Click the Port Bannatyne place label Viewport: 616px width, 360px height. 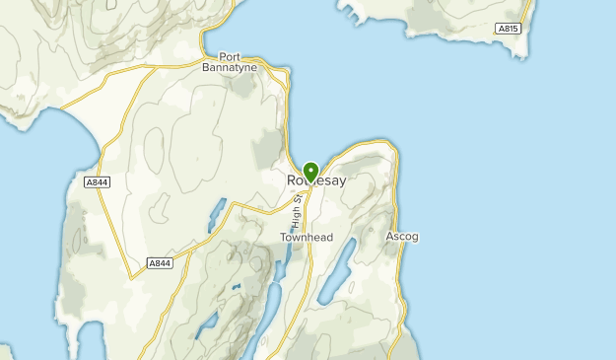230,61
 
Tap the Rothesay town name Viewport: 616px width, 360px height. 317,181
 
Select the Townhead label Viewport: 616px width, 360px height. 307,238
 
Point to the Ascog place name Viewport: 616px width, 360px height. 402,237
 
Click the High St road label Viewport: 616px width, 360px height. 295,213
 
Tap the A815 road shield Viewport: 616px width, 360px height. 508,29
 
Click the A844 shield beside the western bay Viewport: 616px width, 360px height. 97,182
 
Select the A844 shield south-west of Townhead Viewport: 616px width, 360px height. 159,263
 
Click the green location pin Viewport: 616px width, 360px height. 310,173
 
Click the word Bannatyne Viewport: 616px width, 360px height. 230,67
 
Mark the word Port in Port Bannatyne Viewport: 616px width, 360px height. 230,55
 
